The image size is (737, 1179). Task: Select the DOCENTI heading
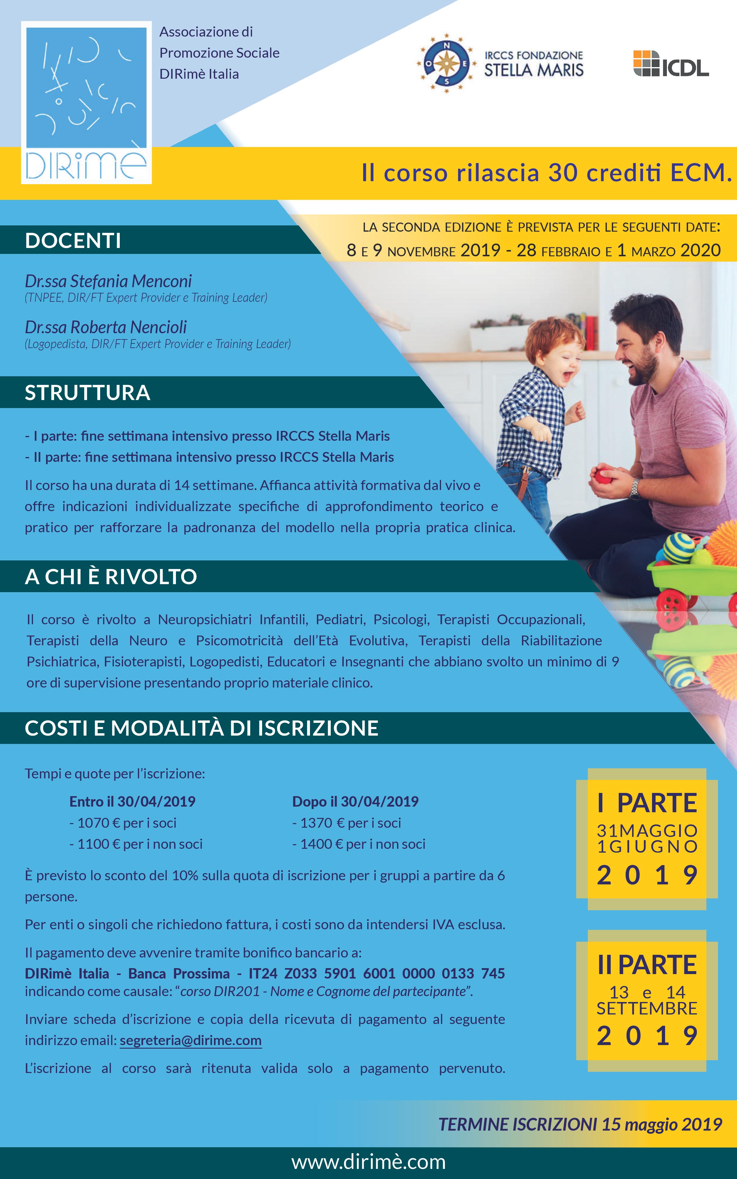(73, 241)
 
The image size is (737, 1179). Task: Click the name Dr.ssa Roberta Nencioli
(106, 327)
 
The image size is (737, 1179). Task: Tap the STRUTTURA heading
(88, 393)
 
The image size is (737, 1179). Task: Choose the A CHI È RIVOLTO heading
(111, 577)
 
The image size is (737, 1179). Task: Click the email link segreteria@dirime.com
(190, 1040)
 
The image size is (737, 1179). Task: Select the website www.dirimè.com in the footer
(368, 1162)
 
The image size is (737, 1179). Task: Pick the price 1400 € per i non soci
(359, 844)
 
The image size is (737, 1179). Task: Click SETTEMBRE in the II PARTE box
(647, 1009)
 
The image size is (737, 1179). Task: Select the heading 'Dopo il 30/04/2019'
(355, 802)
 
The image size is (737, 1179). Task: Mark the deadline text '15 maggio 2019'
(662, 1124)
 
